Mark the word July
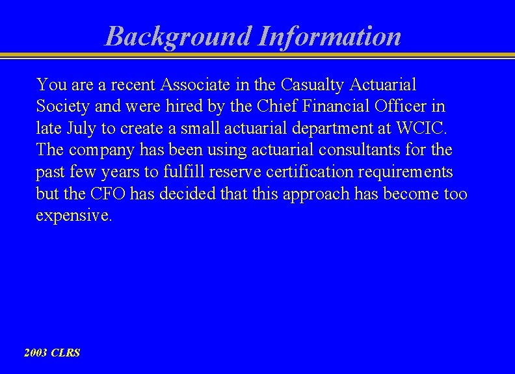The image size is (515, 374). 82,129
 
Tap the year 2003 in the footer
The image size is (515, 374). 36,353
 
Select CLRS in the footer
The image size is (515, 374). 66,353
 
